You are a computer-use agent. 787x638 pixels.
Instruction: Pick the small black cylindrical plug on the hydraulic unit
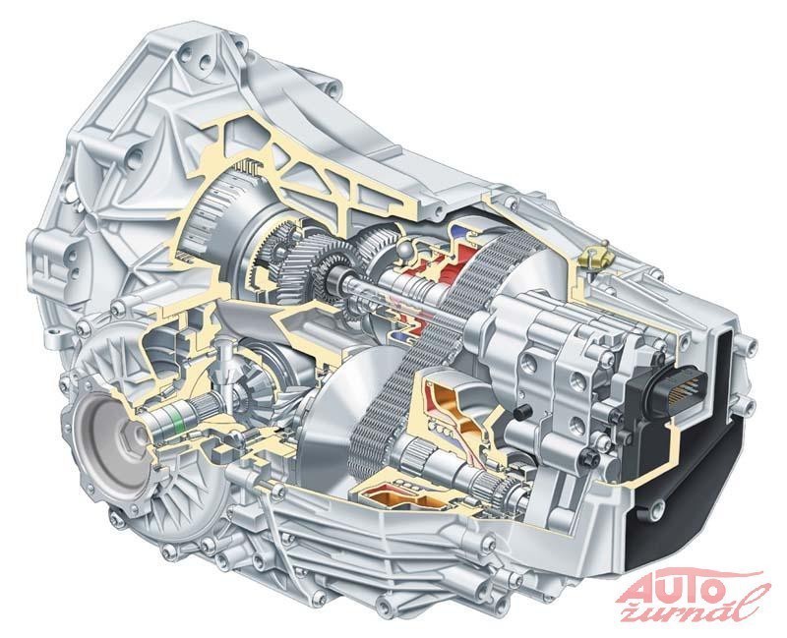pyautogui.click(x=522, y=412)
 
